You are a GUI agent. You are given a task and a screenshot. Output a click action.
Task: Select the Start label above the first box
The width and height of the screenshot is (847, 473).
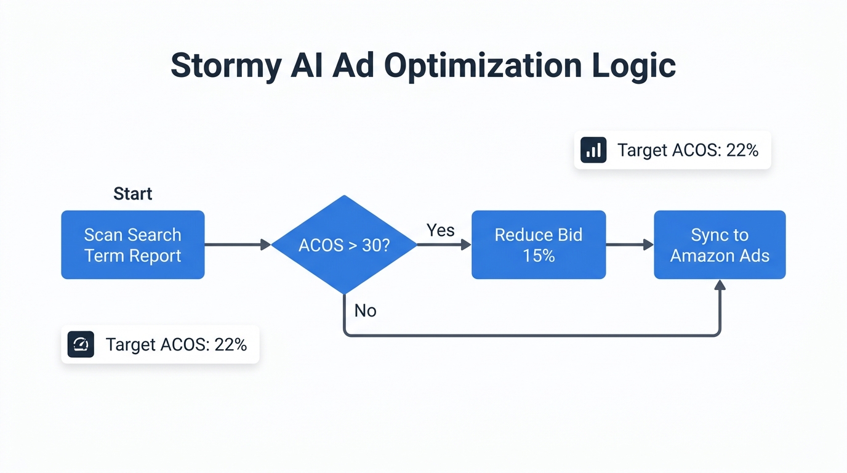[x=132, y=194]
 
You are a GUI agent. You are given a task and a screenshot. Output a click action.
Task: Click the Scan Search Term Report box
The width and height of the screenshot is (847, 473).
[x=132, y=245]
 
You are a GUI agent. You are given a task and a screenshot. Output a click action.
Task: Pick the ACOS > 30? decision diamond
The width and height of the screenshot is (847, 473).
[x=344, y=245]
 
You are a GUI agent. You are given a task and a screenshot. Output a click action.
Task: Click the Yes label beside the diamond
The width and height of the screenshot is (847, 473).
[x=441, y=230]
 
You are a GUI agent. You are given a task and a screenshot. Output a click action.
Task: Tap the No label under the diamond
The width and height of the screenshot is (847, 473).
[x=365, y=310]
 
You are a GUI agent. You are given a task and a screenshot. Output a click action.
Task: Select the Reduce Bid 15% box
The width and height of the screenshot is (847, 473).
[x=539, y=245]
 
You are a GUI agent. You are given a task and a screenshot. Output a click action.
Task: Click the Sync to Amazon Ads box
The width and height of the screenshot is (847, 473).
[x=720, y=245]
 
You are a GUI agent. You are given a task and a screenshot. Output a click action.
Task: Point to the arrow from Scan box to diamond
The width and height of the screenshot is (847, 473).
[x=237, y=245]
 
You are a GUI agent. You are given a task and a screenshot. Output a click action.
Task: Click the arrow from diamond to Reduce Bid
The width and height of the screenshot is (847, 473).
[x=443, y=245]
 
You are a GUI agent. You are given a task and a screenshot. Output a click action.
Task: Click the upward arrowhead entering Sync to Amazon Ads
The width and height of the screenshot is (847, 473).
[x=720, y=285]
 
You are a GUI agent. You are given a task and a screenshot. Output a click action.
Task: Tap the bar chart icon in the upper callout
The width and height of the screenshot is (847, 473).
[x=593, y=150]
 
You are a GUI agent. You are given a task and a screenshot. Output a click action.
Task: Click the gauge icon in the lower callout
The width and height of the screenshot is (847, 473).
[x=81, y=344]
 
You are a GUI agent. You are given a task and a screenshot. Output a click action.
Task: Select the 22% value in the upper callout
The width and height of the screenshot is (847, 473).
[x=742, y=150]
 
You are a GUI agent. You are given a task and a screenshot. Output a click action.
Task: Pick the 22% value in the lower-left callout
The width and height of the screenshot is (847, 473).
[x=230, y=344]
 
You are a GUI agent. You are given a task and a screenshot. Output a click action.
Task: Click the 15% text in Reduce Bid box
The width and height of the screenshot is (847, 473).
[x=539, y=256]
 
